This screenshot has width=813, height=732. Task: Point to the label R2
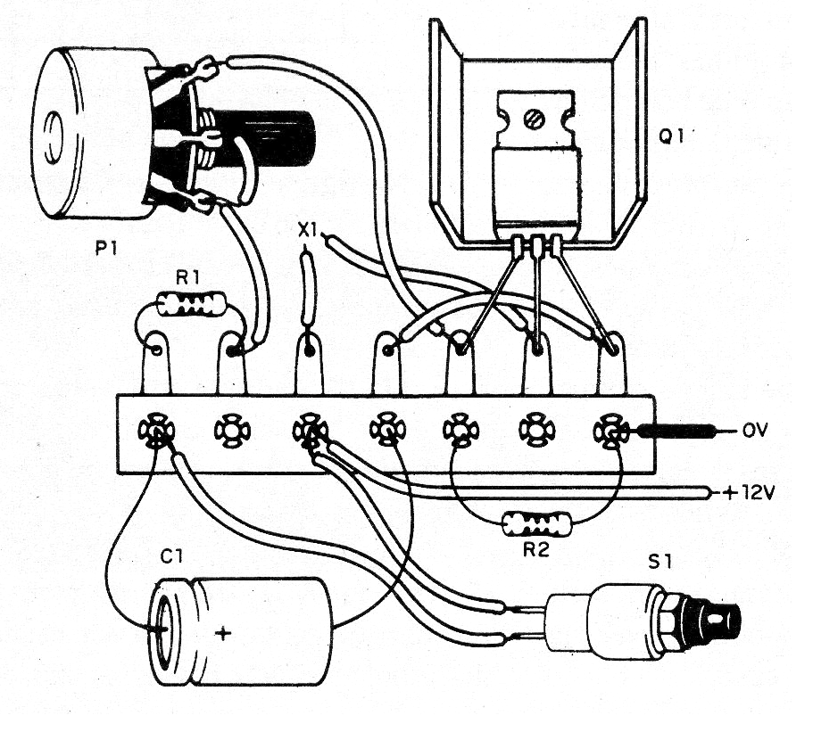point(535,550)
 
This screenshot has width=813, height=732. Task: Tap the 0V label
point(754,432)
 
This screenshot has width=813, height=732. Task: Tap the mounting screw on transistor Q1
point(533,116)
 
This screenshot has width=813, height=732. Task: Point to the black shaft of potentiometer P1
point(286,138)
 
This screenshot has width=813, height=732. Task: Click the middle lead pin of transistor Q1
point(536,245)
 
